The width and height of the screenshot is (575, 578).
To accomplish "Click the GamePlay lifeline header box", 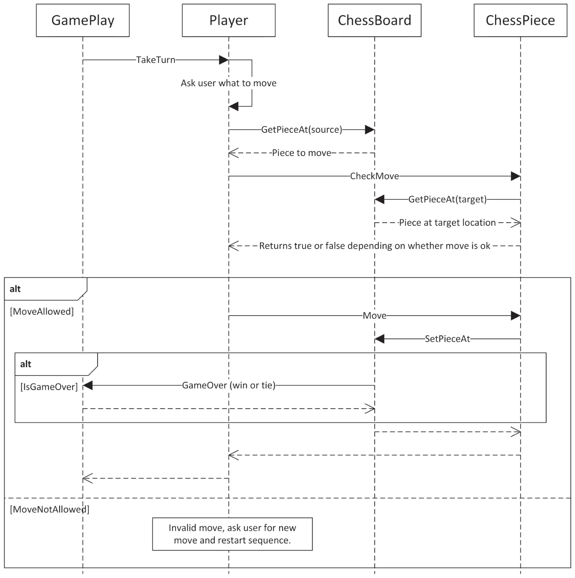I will (x=83, y=21).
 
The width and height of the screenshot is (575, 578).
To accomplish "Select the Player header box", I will (x=228, y=21).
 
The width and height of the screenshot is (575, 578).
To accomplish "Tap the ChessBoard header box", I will (x=374, y=21).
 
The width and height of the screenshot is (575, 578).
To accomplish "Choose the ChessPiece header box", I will (x=520, y=21).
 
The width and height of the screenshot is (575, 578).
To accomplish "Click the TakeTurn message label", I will (x=155, y=60).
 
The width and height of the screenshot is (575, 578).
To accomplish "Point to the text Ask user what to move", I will (x=228, y=83).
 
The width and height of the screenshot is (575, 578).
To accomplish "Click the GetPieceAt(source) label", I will (x=301, y=129).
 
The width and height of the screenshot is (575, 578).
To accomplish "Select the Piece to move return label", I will (x=301, y=153).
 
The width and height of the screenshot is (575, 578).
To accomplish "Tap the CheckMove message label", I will (x=374, y=176).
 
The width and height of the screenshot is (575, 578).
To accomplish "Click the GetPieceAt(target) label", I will (x=447, y=199).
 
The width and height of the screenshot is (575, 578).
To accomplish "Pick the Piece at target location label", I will (x=447, y=223).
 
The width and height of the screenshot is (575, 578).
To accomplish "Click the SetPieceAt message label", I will (x=447, y=339).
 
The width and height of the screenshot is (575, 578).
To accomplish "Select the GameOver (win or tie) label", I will (x=228, y=385).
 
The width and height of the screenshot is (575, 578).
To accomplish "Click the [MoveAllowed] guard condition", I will (x=42, y=312).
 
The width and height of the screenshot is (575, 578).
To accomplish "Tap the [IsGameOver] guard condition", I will (x=49, y=387).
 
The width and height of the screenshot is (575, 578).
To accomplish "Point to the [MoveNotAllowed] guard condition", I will (x=50, y=509).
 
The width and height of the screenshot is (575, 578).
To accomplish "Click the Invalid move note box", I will (x=232, y=534).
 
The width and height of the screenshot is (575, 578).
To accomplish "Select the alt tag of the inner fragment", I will (x=26, y=364).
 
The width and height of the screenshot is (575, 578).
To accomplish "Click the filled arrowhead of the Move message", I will (x=515, y=316).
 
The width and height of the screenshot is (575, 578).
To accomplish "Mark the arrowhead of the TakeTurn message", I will (x=223, y=60).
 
